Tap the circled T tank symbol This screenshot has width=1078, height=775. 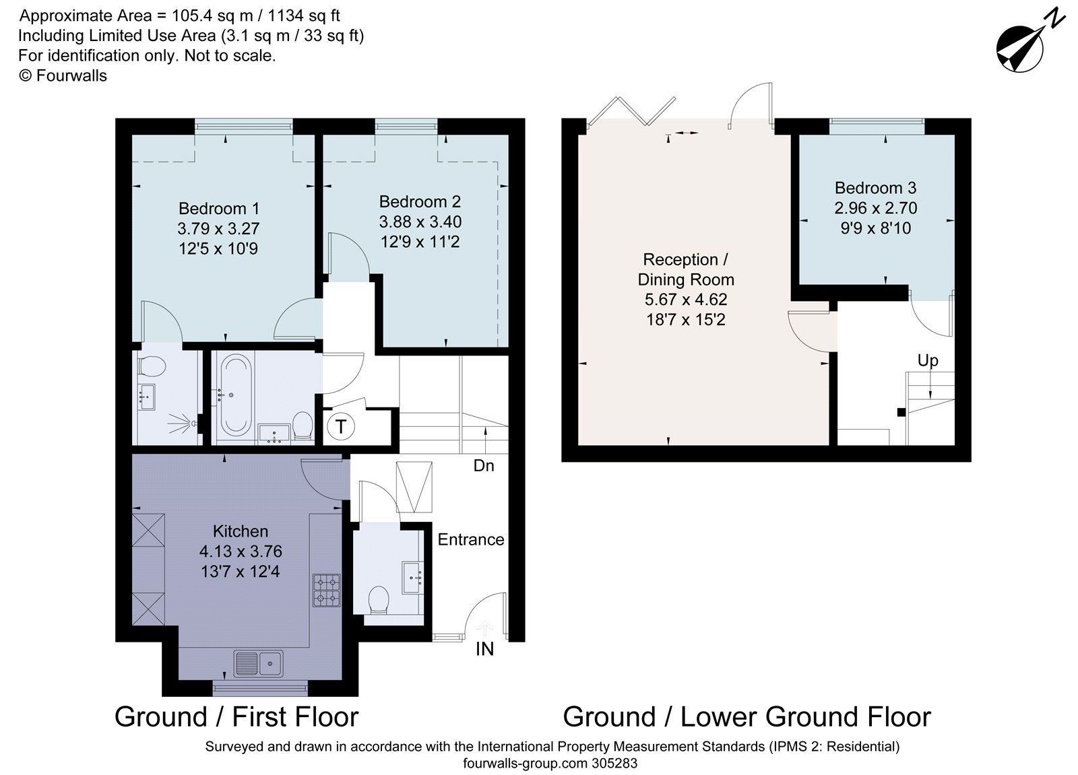point(342,426)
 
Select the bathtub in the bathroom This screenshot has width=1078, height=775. point(235,395)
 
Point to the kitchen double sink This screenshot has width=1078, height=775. point(258,663)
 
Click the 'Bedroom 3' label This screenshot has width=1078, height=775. point(875,188)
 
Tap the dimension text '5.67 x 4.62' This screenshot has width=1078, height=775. point(685,300)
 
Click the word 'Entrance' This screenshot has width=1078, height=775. point(470,539)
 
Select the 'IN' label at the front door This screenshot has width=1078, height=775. point(484,648)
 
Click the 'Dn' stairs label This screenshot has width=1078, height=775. point(484,465)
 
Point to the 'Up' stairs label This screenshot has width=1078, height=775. point(927,361)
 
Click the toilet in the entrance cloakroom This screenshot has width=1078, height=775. point(379,599)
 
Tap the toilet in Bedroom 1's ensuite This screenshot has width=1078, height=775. point(152,367)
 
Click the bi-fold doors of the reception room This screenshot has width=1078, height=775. point(630,111)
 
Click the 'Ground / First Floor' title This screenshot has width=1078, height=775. point(236,717)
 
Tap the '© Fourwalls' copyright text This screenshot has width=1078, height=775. point(63,75)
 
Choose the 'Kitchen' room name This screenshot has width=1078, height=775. point(241,531)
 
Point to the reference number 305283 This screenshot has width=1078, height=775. point(614,764)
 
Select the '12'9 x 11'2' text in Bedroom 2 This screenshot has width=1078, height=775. point(419,242)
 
